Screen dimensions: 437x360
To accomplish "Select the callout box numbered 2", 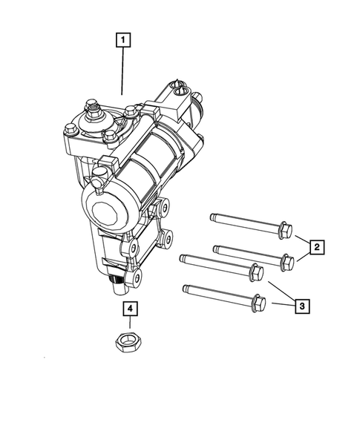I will tap(317, 246).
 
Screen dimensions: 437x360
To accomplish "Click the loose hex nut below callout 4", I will tap(128, 341).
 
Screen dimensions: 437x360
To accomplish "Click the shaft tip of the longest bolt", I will tap(182, 257).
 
